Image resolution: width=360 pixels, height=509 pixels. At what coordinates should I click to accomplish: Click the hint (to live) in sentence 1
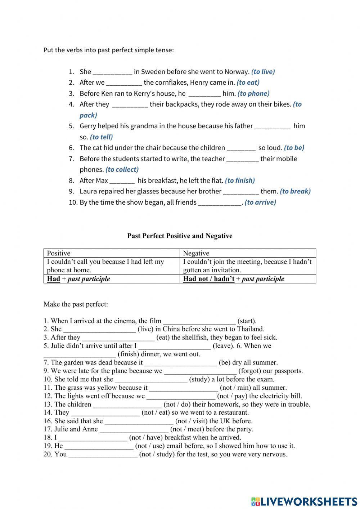tap(263, 72)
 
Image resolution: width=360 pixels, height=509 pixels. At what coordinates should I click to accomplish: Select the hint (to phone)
tap(253, 94)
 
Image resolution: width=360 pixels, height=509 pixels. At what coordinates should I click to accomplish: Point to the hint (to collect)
tap(122, 170)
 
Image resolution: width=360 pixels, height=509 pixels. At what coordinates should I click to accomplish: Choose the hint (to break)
tap(295, 191)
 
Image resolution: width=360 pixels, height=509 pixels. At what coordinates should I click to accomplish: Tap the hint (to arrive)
tap(260, 202)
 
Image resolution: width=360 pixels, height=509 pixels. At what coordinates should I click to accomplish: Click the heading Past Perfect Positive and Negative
tap(180, 236)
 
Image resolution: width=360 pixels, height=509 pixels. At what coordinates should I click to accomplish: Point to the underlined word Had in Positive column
tap(53, 279)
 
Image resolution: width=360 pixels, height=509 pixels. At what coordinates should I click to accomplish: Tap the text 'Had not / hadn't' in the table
tap(209, 279)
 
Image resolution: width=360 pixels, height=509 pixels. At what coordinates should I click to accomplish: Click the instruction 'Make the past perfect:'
tap(76, 304)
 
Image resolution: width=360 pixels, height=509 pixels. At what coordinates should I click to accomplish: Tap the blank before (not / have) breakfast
tap(93, 438)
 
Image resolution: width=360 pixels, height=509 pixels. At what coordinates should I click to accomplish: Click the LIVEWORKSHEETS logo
tap(304, 501)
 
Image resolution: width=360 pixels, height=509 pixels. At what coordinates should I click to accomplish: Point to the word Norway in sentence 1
tap(237, 72)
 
